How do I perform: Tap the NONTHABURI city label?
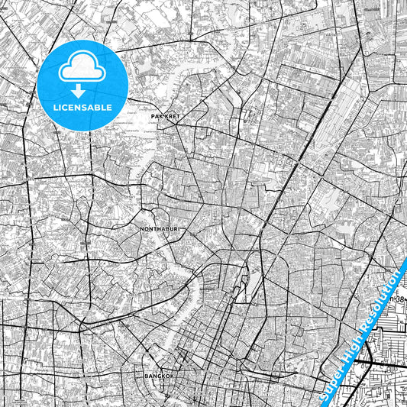[159, 228]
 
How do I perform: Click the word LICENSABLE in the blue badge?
[83, 108]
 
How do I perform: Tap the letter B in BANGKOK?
[147, 376]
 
